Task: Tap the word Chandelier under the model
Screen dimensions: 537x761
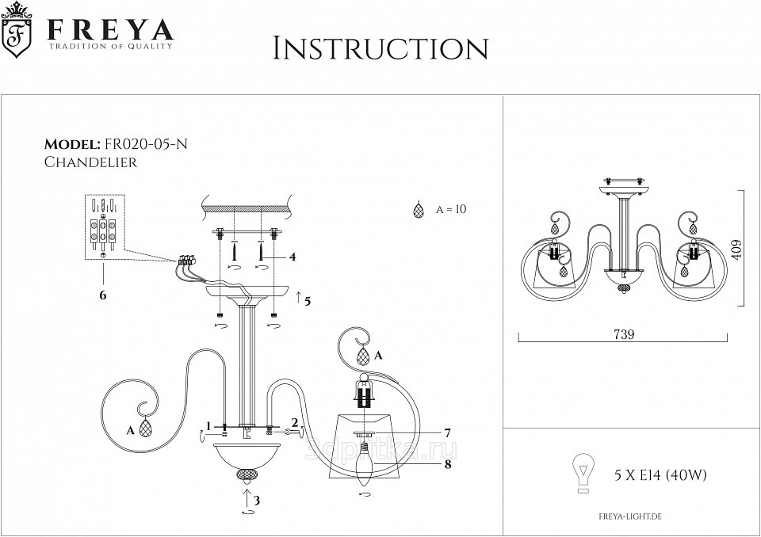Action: point(91,162)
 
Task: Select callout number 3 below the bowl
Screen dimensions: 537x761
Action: point(257,501)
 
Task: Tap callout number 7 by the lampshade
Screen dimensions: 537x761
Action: point(447,433)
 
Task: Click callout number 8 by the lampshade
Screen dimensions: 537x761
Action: point(447,465)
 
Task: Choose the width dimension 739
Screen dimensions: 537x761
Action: point(624,335)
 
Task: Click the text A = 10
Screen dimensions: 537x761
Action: point(451,210)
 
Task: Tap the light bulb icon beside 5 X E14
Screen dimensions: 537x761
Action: point(583,474)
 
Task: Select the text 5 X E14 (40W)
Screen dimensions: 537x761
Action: point(660,475)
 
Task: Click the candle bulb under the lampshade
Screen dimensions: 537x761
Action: point(365,469)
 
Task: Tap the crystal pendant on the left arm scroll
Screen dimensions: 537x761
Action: point(145,428)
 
